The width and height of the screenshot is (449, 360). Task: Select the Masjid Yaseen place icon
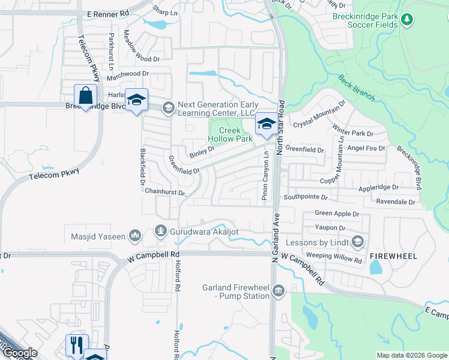point(135,236)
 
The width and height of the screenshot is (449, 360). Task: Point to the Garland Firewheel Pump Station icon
point(278,291)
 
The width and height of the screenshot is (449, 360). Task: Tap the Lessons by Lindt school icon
point(358,242)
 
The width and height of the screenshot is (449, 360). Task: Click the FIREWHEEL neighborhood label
point(393,256)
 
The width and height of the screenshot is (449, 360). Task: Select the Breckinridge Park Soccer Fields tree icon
point(407,20)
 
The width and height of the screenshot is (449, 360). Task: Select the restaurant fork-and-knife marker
point(77,344)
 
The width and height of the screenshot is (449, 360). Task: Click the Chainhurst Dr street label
point(165,192)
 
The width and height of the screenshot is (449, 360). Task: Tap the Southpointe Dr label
point(306,196)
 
